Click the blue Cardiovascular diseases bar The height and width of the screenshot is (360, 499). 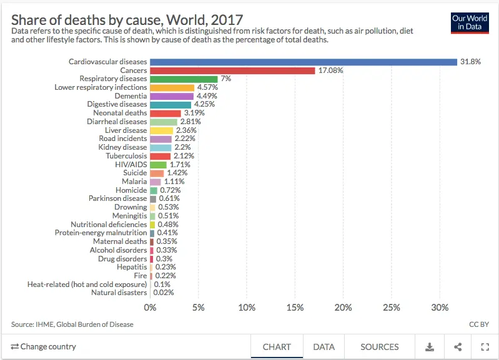(x=304, y=62)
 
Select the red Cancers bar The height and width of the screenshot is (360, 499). (x=232, y=71)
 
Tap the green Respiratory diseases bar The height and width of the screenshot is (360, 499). (x=184, y=79)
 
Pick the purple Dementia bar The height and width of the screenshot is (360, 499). (x=172, y=96)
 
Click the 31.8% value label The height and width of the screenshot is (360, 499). (x=470, y=62)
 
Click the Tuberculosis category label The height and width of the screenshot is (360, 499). (x=126, y=156)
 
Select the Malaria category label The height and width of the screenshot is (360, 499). (x=134, y=182)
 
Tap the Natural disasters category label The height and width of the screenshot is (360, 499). (x=119, y=293)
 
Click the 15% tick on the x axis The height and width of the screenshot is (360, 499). (x=295, y=308)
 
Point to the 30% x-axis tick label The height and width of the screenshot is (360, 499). (x=440, y=308)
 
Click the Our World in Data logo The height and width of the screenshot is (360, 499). (x=470, y=22)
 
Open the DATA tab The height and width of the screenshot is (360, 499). (x=324, y=347)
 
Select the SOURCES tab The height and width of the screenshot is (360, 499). (x=379, y=347)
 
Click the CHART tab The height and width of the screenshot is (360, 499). (x=277, y=347)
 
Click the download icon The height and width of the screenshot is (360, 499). (x=430, y=347)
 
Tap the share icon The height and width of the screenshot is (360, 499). (x=458, y=347)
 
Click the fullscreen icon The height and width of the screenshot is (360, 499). (x=485, y=347)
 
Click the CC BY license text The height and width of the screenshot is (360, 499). (x=478, y=324)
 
